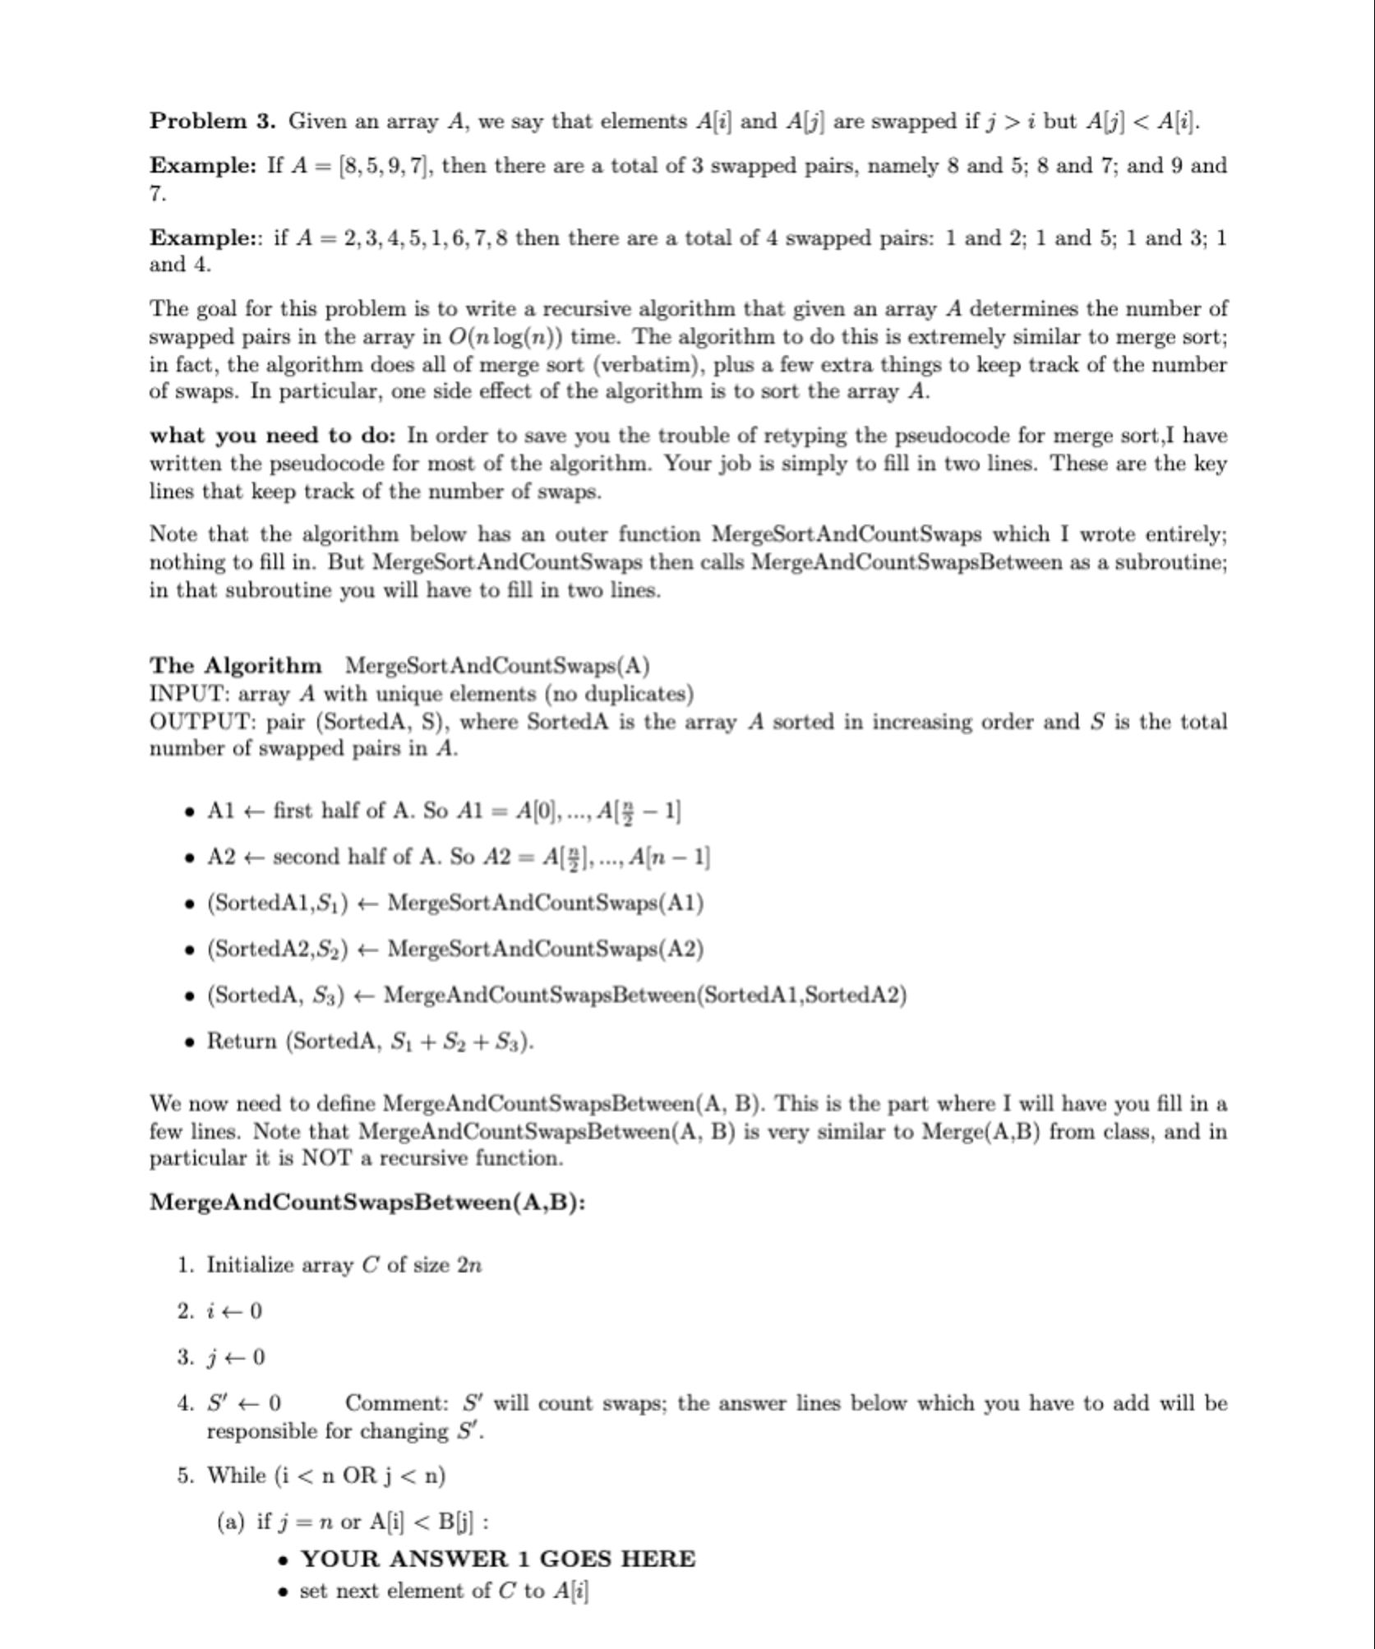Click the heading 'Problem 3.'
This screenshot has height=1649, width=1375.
coord(212,122)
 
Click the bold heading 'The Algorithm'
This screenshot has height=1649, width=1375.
coord(235,665)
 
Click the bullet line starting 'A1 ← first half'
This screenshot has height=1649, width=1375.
coord(444,811)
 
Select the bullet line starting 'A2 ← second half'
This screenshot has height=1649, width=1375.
coord(458,857)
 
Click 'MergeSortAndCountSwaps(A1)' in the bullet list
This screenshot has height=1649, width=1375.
coord(545,903)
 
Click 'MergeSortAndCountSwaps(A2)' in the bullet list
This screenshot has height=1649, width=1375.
coord(545,949)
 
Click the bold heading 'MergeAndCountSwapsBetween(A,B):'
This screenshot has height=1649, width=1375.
coord(367,1203)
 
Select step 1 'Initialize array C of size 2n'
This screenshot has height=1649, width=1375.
coord(344,1265)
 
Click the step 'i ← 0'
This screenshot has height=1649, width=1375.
coord(233,1311)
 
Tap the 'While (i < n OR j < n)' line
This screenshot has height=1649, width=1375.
coord(326,1476)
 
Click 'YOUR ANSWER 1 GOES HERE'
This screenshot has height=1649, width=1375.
coord(497,1559)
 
